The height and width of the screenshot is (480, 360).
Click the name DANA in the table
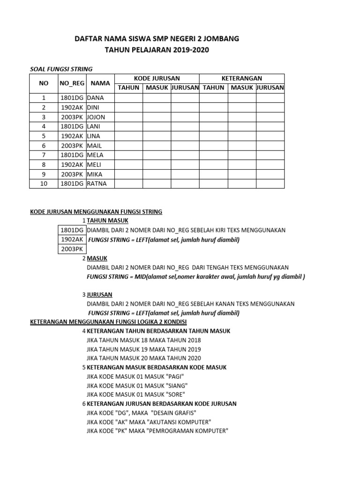coord(95,98)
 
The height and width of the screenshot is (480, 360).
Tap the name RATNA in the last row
coord(97,183)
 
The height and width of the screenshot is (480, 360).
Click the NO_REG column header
coord(72,83)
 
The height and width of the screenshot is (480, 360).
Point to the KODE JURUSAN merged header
coord(157,78)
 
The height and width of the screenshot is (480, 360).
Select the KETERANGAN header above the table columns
coord(241,78)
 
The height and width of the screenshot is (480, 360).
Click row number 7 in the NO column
coord(44,155)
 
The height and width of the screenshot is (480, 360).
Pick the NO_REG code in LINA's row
coord(72,136)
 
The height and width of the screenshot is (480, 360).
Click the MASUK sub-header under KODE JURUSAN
coord(157,88)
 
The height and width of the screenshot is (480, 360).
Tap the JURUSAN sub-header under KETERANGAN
coord(270,88)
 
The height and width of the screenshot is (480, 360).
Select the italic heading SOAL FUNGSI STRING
coord(61,69)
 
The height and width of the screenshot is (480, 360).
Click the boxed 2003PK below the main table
coord(72,248)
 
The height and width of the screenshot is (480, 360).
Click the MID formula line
coord(196,277)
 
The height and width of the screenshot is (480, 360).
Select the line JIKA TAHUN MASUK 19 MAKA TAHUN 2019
coord(144,349)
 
